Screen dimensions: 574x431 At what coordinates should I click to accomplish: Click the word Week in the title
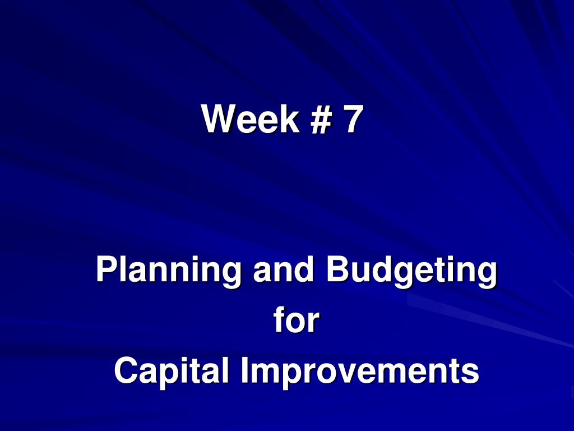click(251, 118)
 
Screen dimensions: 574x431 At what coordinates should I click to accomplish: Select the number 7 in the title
click(353, 118)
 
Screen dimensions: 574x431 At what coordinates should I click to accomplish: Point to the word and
click(283, 269)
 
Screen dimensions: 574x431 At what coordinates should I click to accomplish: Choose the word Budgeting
click(411, 270)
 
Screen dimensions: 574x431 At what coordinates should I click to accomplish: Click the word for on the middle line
click(296, 320)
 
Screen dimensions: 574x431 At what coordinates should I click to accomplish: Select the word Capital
click(172, 372)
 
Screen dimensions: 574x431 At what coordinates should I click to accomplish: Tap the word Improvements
click(359, 372)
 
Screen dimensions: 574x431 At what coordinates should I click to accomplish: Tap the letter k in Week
click(291, 118)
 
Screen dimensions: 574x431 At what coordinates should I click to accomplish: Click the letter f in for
click(279, 320)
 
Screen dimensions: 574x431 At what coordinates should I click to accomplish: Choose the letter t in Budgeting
click(442, 270)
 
